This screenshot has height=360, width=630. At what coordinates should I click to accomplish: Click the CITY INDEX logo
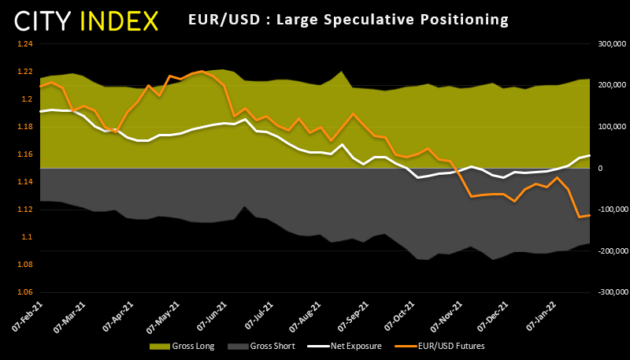85,19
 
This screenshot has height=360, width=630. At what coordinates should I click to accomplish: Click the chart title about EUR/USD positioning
349,18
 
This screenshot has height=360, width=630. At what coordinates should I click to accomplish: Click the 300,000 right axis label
604,44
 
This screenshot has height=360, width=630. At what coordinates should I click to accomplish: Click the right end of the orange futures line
588,215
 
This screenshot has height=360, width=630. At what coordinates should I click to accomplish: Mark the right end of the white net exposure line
588,155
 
